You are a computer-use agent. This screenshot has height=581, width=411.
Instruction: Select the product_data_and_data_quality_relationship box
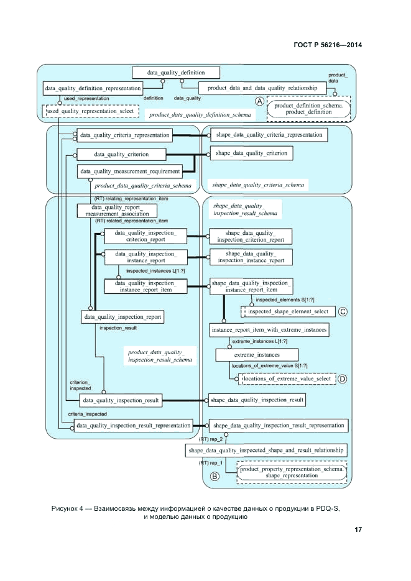pos(262,88)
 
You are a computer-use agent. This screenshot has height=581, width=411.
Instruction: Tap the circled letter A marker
pos(261,102)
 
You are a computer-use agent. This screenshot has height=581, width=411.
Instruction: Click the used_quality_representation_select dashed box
pos(90,111)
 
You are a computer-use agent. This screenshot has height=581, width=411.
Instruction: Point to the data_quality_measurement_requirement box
pos(129,172)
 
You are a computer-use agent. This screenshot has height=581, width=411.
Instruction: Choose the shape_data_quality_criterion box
pos(251,153)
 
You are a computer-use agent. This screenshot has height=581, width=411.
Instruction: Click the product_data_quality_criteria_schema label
pos(142,185)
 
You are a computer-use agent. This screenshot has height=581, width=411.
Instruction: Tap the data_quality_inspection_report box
pos(122,317)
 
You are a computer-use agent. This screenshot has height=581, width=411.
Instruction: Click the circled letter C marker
pos(343,311)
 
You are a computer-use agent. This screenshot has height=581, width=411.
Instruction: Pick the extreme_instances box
pos(253,354)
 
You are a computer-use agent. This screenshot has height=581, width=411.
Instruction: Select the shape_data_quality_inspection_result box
pos(257,400)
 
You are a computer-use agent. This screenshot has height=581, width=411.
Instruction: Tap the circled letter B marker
pos(215,477)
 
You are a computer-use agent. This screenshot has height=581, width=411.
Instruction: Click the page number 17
pos(358,529)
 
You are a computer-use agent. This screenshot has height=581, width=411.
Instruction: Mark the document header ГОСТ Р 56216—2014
pos(327,45)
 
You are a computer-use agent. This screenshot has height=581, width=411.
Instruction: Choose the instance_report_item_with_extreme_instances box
pos(269,330)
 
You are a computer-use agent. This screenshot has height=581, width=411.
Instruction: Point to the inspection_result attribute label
pos(118,327)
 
